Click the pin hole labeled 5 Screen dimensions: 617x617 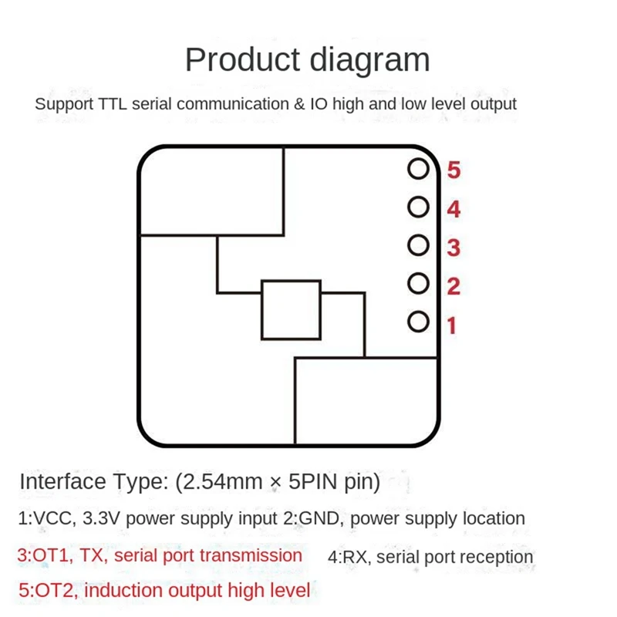tap(418, 170)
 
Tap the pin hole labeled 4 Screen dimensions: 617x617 tap(418, 207)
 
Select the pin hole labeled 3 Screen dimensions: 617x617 tap(418, 245)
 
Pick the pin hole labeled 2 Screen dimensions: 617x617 tap(418, 283)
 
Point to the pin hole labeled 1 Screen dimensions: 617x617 tap(418, 321)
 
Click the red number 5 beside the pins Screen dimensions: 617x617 tap(453, 170)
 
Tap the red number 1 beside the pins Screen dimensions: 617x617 tap(452, 326)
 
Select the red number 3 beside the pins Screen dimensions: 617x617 tap(453, 248)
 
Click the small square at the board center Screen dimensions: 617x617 tap(291, 310)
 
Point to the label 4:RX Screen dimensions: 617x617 tap(346, 557)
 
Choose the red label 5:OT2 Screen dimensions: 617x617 tap(47, 591)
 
